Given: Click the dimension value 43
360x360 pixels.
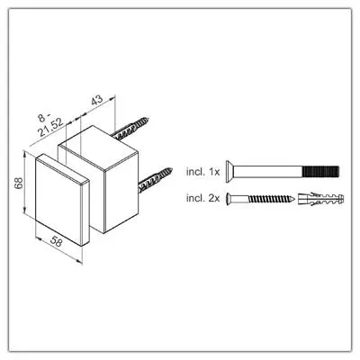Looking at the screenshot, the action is tap(97, 100).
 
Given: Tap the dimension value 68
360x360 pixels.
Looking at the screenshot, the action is tap(19, 183).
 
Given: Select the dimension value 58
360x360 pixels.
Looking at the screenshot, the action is tap(56, 241).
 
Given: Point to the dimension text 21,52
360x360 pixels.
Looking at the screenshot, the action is tap(51, 127).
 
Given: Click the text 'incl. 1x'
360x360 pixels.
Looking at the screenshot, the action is tap(203, 172).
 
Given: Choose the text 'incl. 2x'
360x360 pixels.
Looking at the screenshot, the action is tap(203, 198).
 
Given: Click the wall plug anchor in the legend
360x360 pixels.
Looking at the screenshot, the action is tap(321, 199).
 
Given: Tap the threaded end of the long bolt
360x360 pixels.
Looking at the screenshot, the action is tap(320, 172).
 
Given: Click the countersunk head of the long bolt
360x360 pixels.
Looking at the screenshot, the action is tap(229, 172).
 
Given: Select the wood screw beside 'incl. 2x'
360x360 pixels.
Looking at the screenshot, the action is tap(260, 198).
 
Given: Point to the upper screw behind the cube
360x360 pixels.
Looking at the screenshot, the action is tap(130, 129).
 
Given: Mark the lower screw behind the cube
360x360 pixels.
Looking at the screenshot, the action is tap(155, 180).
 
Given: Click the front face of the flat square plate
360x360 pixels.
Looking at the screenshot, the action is tap(58, 200).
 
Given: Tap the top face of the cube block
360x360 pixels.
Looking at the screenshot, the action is tap(98, 148).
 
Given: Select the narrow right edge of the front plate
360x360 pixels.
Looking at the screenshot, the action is tap(85, 212).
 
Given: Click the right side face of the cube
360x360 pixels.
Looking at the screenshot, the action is tap(121, 193).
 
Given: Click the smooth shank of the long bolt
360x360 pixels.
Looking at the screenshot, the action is tap(268, 172).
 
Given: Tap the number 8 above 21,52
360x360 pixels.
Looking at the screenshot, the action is tap(41, 118).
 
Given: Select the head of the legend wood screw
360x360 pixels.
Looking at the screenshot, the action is tap(229, 198).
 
